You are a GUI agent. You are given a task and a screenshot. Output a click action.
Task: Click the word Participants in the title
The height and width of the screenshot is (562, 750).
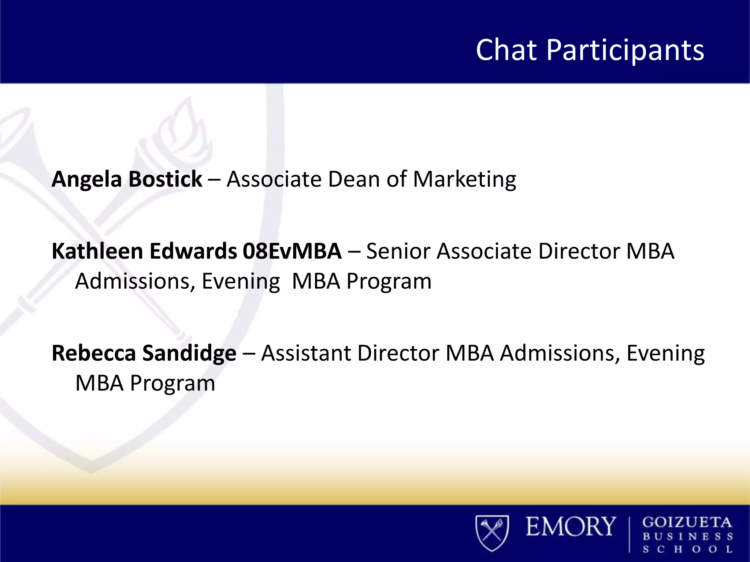click(625, 50)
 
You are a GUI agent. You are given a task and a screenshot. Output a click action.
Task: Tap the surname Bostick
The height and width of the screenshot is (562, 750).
click(165, 179)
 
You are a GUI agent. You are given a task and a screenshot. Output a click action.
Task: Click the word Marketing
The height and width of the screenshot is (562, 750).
click(464, 180)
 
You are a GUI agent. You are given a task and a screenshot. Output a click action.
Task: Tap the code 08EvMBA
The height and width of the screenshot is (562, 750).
click(292, 251)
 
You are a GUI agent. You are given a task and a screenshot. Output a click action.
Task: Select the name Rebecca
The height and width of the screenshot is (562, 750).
click(93, 353)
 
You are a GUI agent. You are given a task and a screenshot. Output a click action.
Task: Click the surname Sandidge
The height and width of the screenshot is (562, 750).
click(189, 354)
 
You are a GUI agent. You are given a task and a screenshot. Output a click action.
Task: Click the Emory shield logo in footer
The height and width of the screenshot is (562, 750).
click(492, 533)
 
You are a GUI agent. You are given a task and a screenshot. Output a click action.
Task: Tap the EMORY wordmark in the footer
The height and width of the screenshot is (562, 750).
click(571, 527)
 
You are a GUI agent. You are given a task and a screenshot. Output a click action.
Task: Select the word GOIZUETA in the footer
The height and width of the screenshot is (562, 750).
click(687, 522)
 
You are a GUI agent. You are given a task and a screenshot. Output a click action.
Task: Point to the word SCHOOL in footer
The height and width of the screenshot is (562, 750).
click(687, 549)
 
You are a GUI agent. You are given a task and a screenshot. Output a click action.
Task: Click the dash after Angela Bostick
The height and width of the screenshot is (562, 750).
click(214, 180)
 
